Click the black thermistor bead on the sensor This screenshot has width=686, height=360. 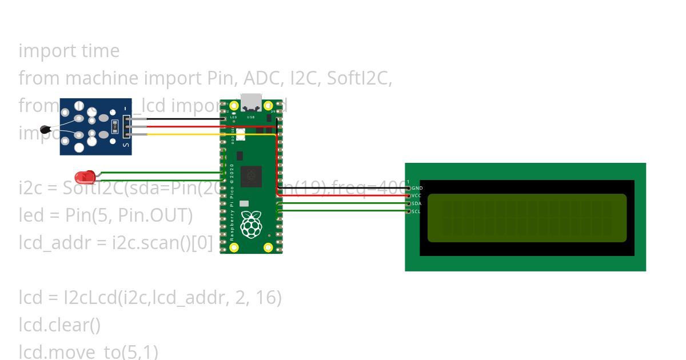tap(46, 131)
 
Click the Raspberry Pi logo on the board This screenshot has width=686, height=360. tap(252, 224)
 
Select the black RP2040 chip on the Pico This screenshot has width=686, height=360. tap(252, 176)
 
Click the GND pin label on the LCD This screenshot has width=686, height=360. tap(417, 188)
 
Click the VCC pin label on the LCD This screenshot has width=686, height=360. tap(417, 195)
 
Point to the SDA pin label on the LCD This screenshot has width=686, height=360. tap(417, 203)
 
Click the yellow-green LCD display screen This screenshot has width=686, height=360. tap(527, 218)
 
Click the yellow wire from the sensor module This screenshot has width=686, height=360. tap(183, 135)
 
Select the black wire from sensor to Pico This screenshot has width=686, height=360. tap(183, 119)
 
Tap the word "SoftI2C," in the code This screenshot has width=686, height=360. tap(359, 78)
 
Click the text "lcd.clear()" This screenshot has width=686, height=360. tap(59, 325)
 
